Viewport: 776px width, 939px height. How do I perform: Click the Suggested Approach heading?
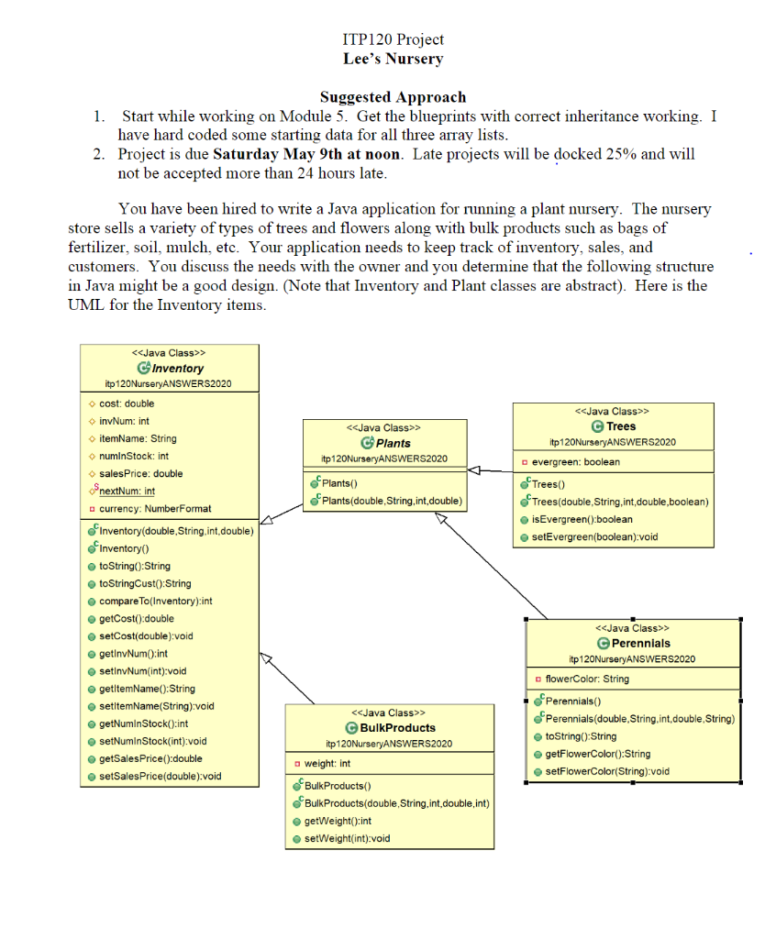click(x=393, y=97)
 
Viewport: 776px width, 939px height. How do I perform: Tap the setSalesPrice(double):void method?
click(x=161, y=776)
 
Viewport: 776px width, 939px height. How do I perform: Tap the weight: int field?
click(x=327, y=763)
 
